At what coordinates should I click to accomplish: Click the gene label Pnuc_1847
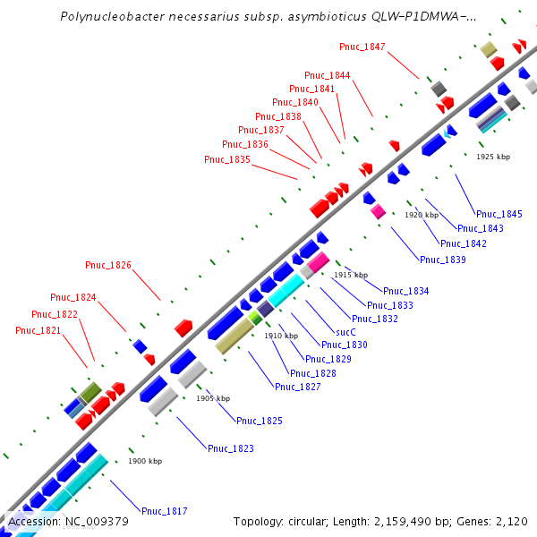coord(362,46)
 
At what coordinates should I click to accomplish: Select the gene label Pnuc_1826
coord(108,265)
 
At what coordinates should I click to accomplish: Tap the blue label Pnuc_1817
coord(165,511)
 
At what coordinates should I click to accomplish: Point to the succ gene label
coord(345,331)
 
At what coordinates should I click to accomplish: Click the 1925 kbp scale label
coord(493,157)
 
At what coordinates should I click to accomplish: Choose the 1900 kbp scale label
coord(145,461)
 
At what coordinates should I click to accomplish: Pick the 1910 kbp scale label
coord(280,336)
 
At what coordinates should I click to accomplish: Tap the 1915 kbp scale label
coord(351,275)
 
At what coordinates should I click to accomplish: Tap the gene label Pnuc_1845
coord(499,214)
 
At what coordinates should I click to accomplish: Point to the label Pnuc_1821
coord(38,330)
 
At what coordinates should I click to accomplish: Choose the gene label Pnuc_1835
coord(227,159)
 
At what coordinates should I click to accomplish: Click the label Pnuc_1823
coord(231,448)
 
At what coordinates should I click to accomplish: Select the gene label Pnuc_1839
coord(443,260)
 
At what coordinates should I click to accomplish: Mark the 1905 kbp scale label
coord(213,398)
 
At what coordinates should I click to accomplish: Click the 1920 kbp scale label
coord(422,215)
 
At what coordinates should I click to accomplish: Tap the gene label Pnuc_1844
coord(328,75)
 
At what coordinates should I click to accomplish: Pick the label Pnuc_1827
coord(298,387)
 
